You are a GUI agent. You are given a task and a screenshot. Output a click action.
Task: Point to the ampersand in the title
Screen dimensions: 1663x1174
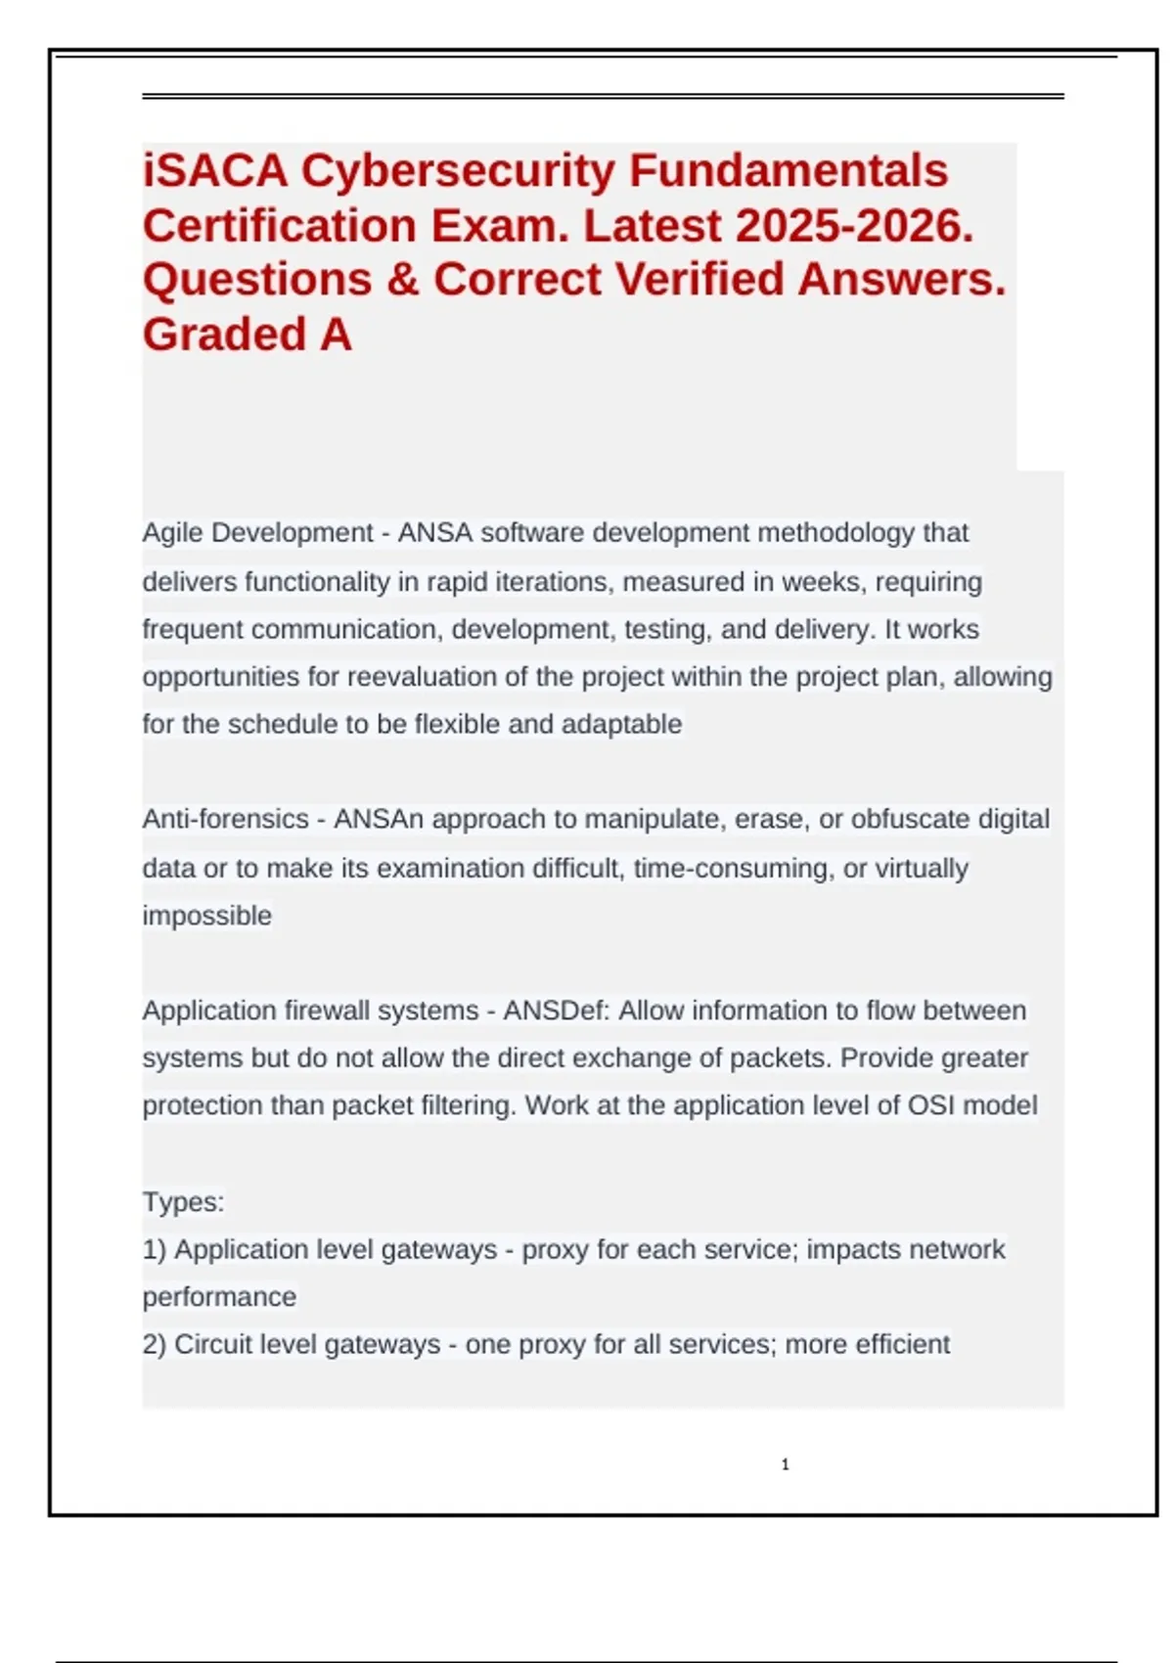[402, 280]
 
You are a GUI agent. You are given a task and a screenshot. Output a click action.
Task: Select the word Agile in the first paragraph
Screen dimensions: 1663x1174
[173, 533]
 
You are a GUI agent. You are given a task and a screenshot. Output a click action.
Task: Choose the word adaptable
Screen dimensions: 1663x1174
[621, 725]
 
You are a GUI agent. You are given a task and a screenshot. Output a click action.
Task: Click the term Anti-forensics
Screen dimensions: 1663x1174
[225, 819]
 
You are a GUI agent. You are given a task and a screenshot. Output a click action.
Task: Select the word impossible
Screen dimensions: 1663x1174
[206, 916]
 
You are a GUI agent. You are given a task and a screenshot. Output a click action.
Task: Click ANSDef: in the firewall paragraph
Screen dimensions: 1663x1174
[556, 1011]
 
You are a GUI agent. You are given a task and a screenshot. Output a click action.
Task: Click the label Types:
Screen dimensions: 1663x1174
[183, 1201]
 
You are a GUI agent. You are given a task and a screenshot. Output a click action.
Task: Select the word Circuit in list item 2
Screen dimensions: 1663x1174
[206, 1345]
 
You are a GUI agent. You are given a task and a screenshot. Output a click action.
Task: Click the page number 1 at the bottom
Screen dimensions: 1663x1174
[785, 1464]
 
